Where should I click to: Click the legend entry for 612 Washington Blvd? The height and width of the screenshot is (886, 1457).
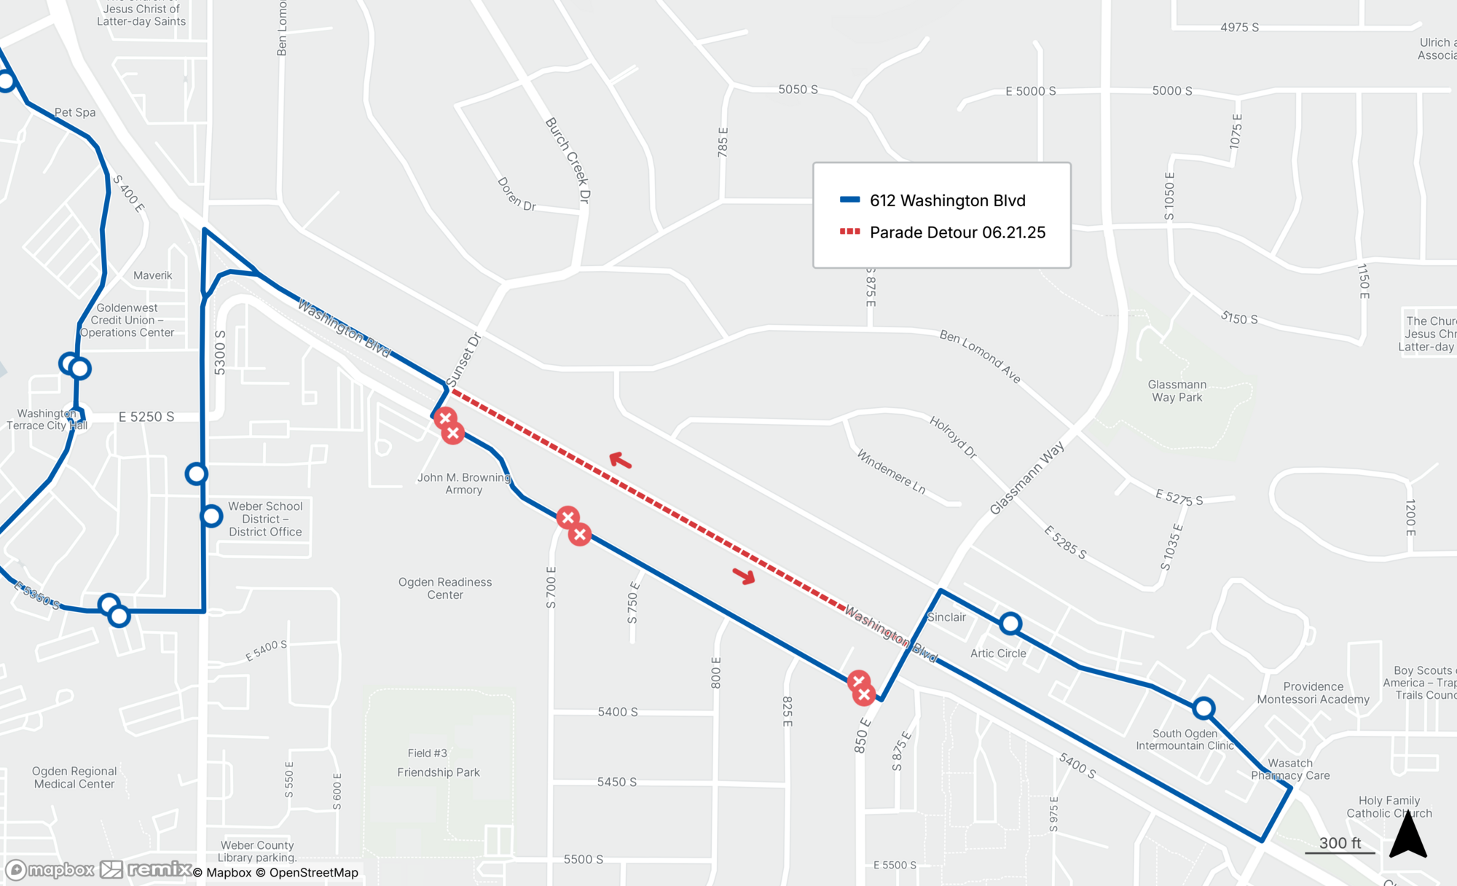(946, 200)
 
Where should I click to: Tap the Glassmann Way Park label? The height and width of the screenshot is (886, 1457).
(1177, 391)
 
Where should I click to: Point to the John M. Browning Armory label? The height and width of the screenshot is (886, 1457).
(463, 484)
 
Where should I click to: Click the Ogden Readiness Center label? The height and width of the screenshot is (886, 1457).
(444, 588)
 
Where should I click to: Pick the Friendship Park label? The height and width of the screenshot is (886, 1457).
(438, 772)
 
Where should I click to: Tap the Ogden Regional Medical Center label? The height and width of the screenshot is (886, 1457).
(74, 777)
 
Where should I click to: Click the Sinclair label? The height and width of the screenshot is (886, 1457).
(946, 617)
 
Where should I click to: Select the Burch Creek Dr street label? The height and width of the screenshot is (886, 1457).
(568, 160)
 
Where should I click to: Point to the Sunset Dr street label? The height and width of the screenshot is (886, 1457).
(464, 360)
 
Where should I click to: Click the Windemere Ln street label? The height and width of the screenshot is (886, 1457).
(891, 471)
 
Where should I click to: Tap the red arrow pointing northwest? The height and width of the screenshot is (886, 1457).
(620, 460)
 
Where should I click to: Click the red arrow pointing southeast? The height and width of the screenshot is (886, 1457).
(744, 576)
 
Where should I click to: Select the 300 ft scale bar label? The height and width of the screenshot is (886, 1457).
(1339, 843)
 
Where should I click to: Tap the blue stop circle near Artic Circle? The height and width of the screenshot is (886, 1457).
(1010, 624)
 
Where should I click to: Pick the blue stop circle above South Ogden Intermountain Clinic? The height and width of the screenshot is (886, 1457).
(1203, 708)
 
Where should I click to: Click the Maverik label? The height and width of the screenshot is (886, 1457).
(153, 275)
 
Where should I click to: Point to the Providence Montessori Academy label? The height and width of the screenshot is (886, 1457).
(1313, 693)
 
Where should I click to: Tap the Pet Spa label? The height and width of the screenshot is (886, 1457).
(75, 112)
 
